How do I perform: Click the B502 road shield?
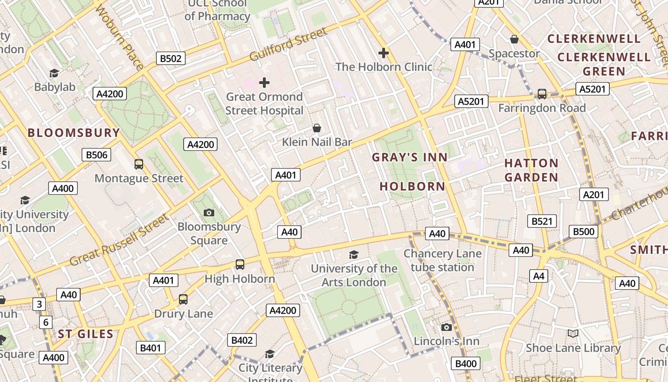coord(170,58)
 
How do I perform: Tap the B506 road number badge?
coord(96,154)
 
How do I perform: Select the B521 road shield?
coord(542,221)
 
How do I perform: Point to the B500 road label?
coord(584,232)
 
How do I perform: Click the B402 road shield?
coord(242,340)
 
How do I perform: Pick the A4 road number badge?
coord(539,276)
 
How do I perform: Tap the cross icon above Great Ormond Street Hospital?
coord(264,83)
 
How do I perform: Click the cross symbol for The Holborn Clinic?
coord(383,53)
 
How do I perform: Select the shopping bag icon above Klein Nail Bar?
coord(316,128)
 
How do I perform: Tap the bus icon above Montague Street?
coord(139,164)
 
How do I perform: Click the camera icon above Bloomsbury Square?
coord(209,212)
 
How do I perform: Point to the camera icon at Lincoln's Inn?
coord(446,327)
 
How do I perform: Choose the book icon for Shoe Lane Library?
coord(573,334)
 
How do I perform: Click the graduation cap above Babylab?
coord(54,73)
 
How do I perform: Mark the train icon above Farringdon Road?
coord(542,94)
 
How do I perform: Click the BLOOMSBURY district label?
coord(73,133)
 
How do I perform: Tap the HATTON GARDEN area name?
coord(531,170)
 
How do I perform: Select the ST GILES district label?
coord(86,334)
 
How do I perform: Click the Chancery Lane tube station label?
coord(442,260)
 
